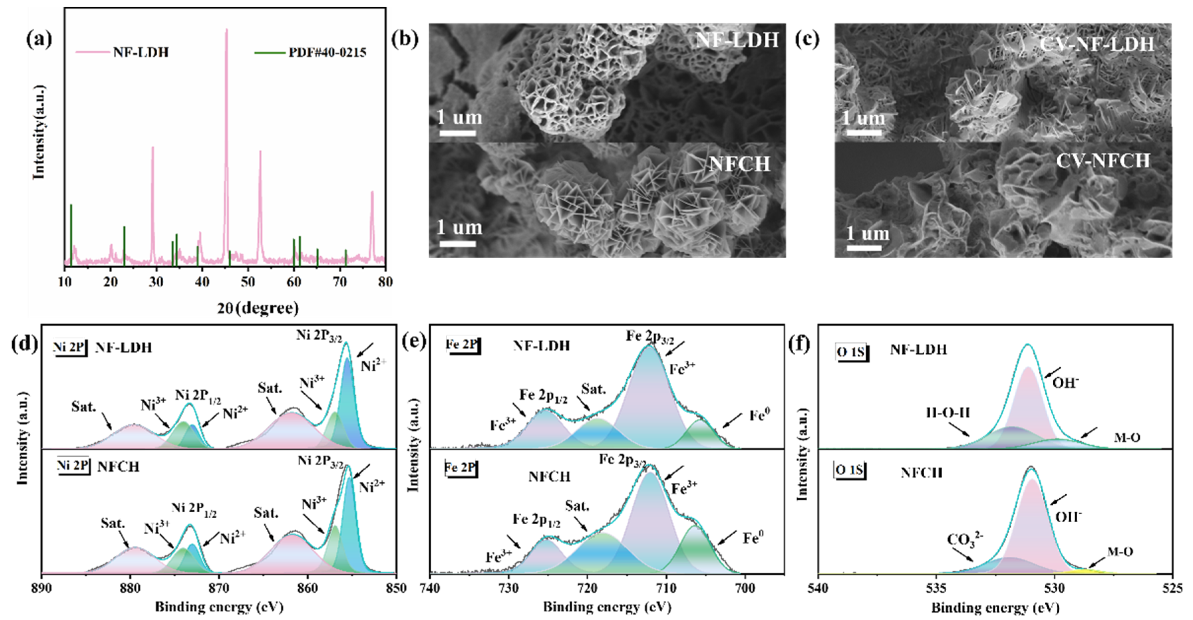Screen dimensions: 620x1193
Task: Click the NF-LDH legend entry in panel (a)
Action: tap(140, 52)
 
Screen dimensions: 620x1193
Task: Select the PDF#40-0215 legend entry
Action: tap(327, 52)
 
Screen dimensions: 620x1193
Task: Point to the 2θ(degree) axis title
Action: tap(258, 308)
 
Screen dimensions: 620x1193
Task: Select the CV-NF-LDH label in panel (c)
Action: tap(1096, 45)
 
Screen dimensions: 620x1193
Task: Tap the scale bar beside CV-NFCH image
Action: tap(864, 248)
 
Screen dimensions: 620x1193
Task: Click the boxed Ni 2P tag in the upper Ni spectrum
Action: tap(70, 347)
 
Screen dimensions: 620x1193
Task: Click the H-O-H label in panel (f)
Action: tap(948, 413)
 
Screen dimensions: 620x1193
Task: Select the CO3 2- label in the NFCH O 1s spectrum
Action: tap(965, 540)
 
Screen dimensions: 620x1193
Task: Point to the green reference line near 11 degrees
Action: tap(71, 234)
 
